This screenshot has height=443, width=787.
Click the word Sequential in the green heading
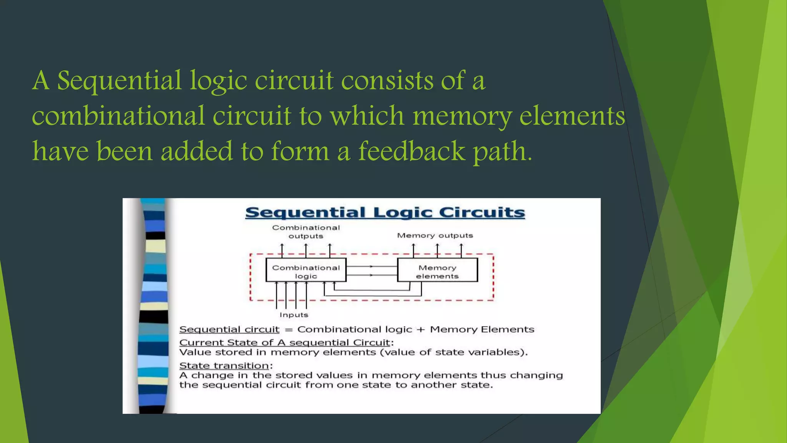click(x=119, y=81)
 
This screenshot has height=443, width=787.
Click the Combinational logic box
click(x=306, y=271)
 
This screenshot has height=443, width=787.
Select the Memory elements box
click(x=437, y=271)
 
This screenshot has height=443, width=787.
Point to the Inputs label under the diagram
click(x=294, y=315)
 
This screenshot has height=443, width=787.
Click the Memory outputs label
click(x=435, y=235)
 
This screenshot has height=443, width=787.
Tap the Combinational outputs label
click(x=306, y=231)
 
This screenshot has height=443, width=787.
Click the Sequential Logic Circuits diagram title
click(x=385, y=212)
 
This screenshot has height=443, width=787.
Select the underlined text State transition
click(x=224, y=365)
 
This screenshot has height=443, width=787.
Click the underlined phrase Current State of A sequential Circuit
click(x=285, y=342)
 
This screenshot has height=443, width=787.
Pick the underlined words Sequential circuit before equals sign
click(x=229, y=330)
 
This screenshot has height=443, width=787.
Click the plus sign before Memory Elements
click(x=421, y=330)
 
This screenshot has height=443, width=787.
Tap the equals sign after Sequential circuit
click(x=289, y=330)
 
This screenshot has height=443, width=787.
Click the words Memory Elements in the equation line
click(x=482, y=330)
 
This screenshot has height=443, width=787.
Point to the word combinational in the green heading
click(x=118, y=116)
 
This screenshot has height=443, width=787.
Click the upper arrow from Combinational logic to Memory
click(x=371, y=266)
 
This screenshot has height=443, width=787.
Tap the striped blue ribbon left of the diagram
click(x=153, y=306)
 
